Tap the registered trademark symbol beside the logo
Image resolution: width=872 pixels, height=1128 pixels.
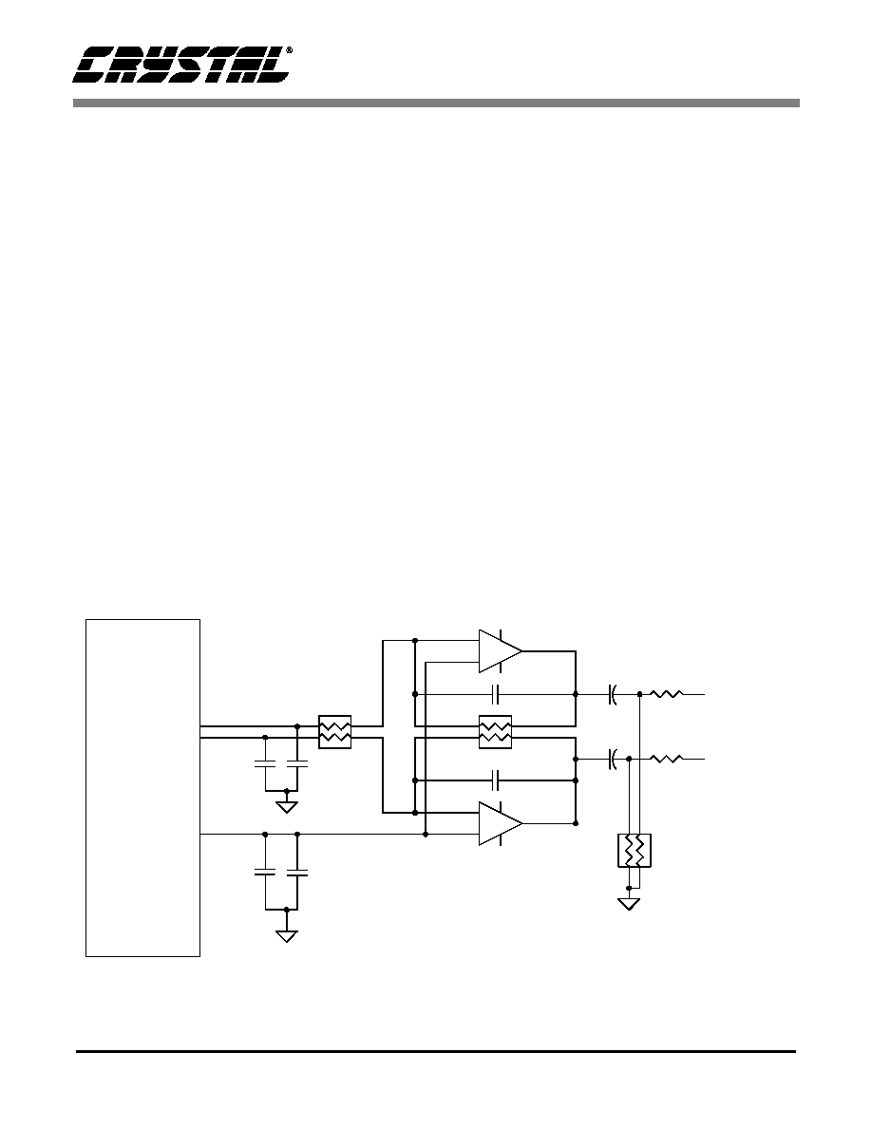coord(289,51)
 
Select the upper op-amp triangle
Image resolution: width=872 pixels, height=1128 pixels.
coord(501,651)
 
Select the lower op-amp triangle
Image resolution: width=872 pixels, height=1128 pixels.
coord(501,823)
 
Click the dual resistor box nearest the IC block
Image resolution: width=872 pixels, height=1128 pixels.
coord(334,732)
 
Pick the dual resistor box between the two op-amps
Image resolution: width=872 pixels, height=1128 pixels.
coord(495,732)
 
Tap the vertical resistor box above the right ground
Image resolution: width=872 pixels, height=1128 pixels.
coord(635,851)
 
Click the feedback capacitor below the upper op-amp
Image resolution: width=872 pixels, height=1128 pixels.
coord(495,694)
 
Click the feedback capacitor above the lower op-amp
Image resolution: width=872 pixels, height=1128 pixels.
coord(495,780)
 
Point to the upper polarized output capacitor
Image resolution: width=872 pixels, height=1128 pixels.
coord(613,694)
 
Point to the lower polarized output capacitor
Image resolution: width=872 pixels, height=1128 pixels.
coord(613,759)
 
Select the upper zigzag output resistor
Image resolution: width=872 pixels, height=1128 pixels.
coord(666,694)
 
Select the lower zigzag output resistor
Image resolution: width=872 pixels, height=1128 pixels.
coord(666,759)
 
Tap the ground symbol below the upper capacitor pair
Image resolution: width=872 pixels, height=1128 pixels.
coord(287,806)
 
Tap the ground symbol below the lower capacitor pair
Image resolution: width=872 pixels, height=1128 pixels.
coord(287,935)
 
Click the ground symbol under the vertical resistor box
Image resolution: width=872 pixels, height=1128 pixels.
coord(629,904)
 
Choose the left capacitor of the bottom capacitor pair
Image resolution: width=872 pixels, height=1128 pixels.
coord(265,873)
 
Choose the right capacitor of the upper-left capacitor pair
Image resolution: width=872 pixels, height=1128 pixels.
coord(298,764)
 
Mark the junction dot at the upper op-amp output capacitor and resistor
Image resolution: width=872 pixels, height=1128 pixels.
coord(639,694)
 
